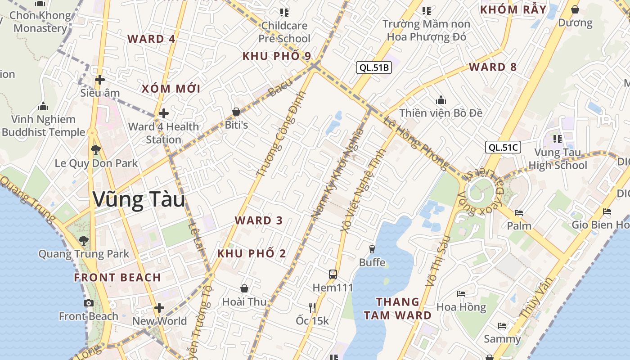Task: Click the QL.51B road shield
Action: click(x=373, y=68)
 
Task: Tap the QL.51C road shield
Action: click(x=503, y=147)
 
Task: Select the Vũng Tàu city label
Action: click(x=139, y=200)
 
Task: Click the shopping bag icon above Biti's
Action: click(x=236, y=112)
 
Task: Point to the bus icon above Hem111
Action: click(x=333, y=274)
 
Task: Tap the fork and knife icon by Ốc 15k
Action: click(x=312, y=307)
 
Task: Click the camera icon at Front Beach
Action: click(x=89, y=303)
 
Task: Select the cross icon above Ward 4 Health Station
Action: click(x=164, y=113)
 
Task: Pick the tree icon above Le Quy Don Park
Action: click(x=95, y=150)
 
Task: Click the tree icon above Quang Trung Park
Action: click(x=83, y=240)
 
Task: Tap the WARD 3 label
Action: click(x=259, y=220)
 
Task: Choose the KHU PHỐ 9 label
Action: click(x=277, y=56)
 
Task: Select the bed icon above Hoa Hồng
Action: click(x=461, y=294)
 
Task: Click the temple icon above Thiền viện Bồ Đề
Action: click(x=441, y=99)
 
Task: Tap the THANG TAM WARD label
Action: click(x=398, y=308)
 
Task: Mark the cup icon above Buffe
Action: click(x=372, y=249)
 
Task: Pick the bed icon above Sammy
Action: click(x=502, y=326)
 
